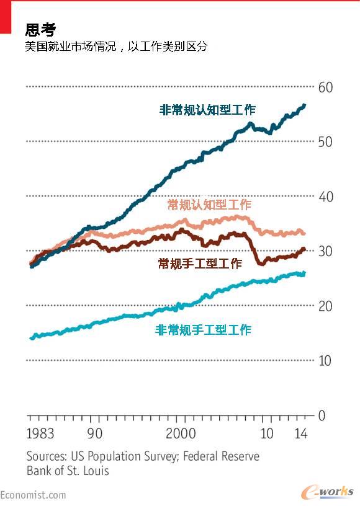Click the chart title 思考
coord(40,29)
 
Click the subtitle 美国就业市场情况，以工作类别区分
coord(116,47)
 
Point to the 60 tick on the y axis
coord(325,87)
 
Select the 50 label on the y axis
coord(325,142)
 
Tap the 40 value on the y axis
coord(325,197)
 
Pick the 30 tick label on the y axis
coord(325,251)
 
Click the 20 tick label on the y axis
coord(325,306)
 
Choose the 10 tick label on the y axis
coord(325,360)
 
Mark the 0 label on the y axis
coord(322,415)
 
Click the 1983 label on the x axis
coord(41,433)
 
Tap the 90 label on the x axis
coord(95,433)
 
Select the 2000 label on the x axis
coord(181,433)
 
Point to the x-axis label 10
coord(267,433)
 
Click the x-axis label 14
coord(301,433)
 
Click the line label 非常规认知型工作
coord(207,110)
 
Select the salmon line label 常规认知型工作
coord(209,205)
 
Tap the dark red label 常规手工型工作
coord(200,264)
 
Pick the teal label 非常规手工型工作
coord(203,330)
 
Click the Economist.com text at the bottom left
coord(33,494)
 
